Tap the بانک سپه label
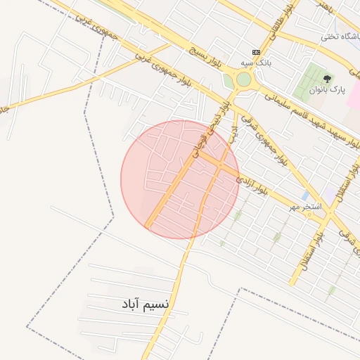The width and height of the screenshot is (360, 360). click(x=254, y=63)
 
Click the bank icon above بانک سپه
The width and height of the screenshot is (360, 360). click(x=255, y=52)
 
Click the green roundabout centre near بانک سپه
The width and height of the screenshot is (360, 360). click(x=243, y=79)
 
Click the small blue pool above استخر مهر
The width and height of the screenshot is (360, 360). click(x=304, y=195)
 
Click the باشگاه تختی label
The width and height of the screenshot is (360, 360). click(x=340, y=37)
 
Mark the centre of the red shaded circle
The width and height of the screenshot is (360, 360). click(x=180, y=179)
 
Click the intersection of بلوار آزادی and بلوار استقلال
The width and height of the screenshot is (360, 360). click(x=324, y=219)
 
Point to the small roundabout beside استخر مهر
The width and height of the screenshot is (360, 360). click(x=324, y=219)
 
